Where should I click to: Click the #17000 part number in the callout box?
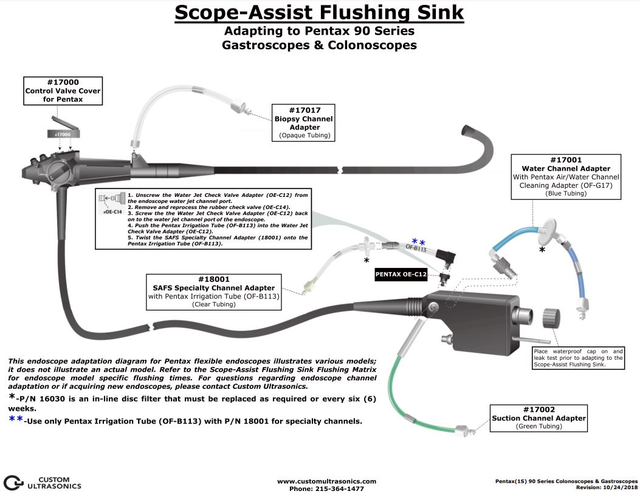(x=62, y=82)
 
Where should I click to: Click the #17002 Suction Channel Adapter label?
(x=539, y=418)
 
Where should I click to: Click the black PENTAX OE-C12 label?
(x=401, y=275)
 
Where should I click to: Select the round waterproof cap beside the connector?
(x=552, y=318)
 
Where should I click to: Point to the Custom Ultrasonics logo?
(x=43, y=482)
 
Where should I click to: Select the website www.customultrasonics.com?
(x=327, y=481)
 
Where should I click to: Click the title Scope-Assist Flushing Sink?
(x=320, y=12)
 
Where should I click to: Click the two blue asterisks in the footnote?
(x=17, y=420)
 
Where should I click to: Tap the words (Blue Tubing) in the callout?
(x=566, y=193)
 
